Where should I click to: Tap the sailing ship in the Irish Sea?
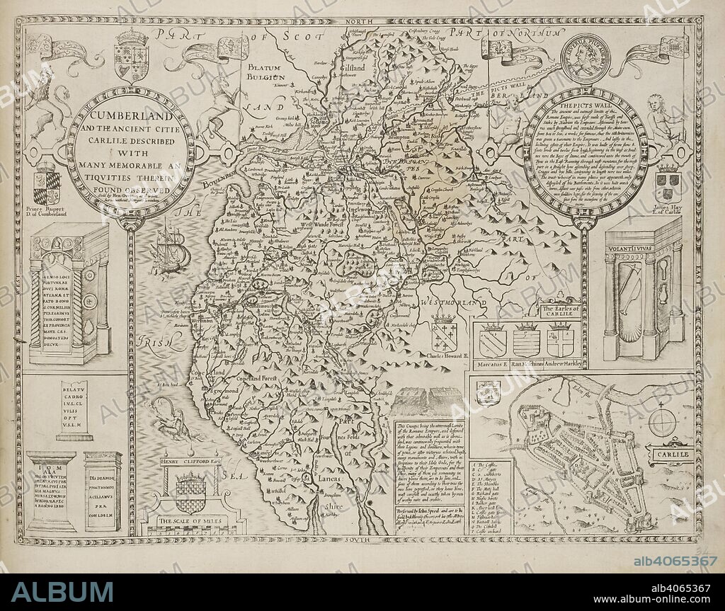coord(169,248)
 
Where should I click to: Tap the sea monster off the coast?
coord(167,418)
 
